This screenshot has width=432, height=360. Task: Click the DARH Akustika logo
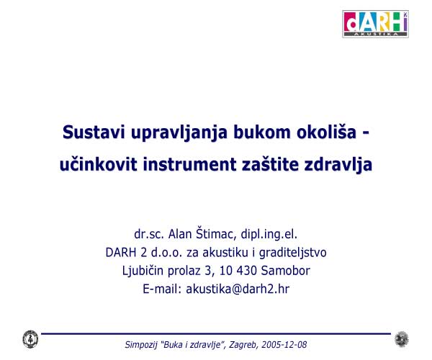375,24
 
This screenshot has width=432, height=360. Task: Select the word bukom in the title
262,132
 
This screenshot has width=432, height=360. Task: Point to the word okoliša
326,132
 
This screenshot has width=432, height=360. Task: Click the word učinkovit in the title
99,164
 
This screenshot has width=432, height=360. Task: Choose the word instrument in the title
189,164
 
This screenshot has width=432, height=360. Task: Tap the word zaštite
270,164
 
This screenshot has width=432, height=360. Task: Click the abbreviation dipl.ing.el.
269,235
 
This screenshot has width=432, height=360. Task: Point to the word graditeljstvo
292,253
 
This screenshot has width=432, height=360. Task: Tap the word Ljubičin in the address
143,271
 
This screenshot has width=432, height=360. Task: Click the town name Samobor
285,271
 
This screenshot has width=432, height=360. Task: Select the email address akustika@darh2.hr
238,289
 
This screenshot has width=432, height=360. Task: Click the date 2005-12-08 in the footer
284,345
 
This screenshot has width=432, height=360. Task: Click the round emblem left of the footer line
30,339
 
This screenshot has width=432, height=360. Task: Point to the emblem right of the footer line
402,339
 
